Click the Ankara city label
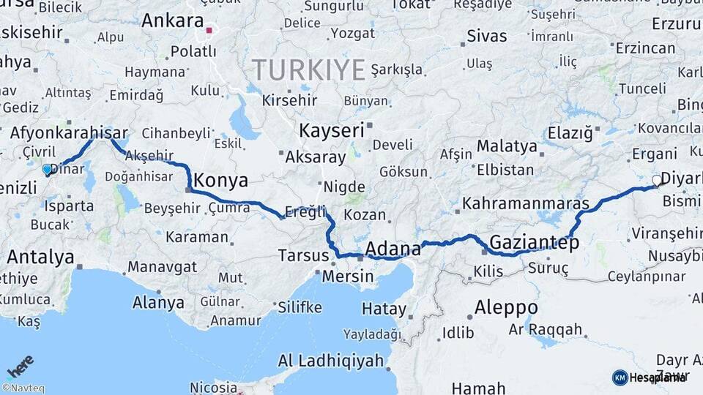coord(172,20)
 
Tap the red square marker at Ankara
coord(209,31)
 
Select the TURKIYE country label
coord(309,70)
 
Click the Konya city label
coord(220,181)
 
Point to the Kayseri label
coord(331,131)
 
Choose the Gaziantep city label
coord(534,242)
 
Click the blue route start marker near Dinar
coord(47,170)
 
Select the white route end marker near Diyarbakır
coord(657,180)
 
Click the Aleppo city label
coord(506,307)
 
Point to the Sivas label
coord(486,36)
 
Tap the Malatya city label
coord(507,146)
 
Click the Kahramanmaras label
coord(526,203)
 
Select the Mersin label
coord(348,278)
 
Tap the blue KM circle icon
coord(620,377)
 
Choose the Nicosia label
coord(213,387)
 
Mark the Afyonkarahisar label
coord(69,133)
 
